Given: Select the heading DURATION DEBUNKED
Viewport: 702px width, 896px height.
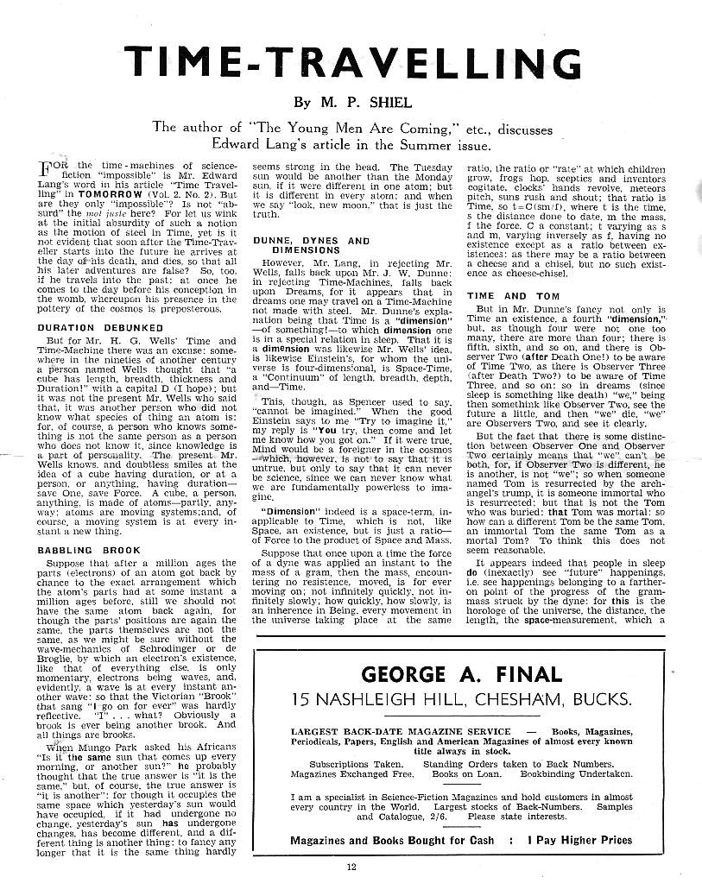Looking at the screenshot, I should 100,328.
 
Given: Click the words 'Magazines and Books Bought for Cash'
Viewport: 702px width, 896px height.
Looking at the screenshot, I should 393,839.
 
